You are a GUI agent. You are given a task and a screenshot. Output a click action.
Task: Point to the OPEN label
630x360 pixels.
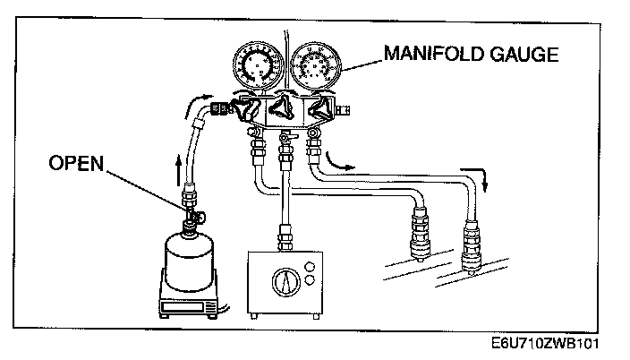tap(76, 164)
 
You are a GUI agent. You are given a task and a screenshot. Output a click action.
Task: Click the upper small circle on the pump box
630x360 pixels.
tap(311, 265)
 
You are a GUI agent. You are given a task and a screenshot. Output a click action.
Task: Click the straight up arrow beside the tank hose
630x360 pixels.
tap(181, 167)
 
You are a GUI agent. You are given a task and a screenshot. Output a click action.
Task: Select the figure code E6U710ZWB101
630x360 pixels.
tap(546, 343)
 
